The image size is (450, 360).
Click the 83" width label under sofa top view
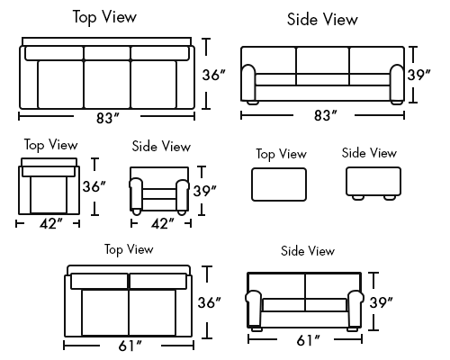[x=108, y=118]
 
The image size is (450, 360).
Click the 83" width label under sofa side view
[x=325, y=115]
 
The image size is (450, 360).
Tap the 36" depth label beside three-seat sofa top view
[x=213, y=75]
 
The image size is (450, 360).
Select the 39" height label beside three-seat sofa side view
[x=418, y=75]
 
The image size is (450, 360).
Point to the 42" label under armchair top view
[x=51, y=223]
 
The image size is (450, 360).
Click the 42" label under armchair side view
[x=162, y=223]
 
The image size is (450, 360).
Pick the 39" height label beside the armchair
[x=204, y=191]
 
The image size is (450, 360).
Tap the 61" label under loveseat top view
[x=130, y=346]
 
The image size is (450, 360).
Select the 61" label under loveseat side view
[x=309, y=340]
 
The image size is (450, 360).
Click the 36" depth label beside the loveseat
[x=209, y=302]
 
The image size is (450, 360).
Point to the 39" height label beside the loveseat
[x=381, y=302]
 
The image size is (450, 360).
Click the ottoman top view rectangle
[x=279, y=184]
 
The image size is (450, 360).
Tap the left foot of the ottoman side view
[x=358, y=197]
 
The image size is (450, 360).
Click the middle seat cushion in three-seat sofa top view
[x=107, y=84]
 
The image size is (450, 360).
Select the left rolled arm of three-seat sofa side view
[x=248, y=83]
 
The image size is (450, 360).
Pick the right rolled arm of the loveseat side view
[x=355, y=308]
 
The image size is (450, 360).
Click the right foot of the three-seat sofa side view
[x=397, y=103]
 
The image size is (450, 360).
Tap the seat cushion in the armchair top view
[x=49, y=195]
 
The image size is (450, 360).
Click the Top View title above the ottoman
[x=281, y=154]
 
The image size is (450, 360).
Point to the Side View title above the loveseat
[x=308, y=251]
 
